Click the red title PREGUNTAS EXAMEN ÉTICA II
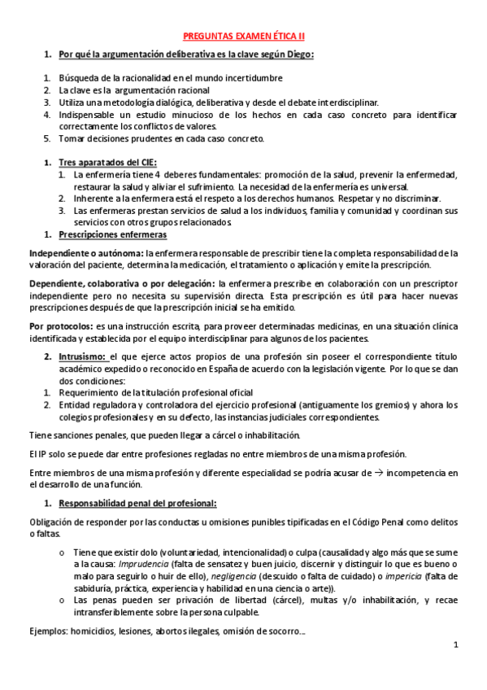pyautogui.click(x=243, y=37)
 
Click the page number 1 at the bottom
pyautogui.click(x=456, y=646)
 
